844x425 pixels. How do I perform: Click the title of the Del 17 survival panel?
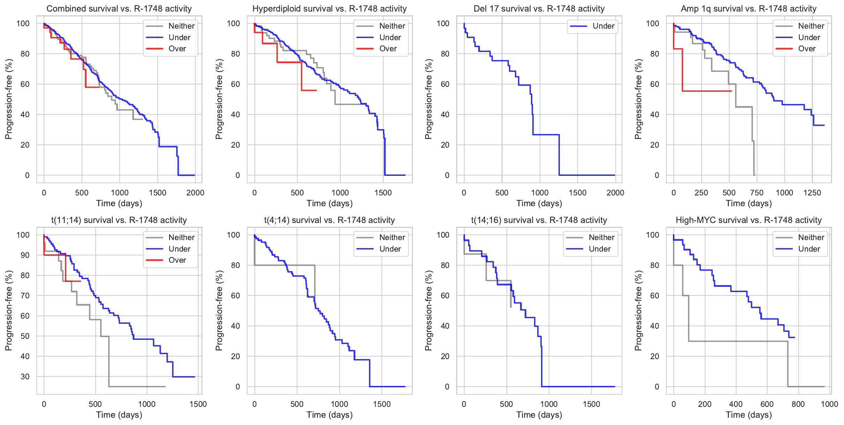click(x=539, y=9)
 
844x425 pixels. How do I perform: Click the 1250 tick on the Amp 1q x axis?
click(x=812, y=193)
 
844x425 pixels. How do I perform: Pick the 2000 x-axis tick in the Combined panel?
click(x=195, y=193)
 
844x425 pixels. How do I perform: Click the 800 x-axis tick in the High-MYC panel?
click(x=798, y=404)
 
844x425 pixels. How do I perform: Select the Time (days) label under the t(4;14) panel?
click(x=330, y=415)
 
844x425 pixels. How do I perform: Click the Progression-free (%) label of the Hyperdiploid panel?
click(x=219, y=99)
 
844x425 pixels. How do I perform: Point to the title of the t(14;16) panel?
click(x=539, y=220)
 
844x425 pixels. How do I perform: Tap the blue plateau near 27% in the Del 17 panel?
click(x=546, y=135)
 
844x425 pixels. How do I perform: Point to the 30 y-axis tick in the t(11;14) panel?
click(x=25, y=377)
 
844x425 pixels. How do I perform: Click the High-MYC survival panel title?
click(x=748, y=220)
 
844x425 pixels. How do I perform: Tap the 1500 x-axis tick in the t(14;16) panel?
click(x=591, y=404)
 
